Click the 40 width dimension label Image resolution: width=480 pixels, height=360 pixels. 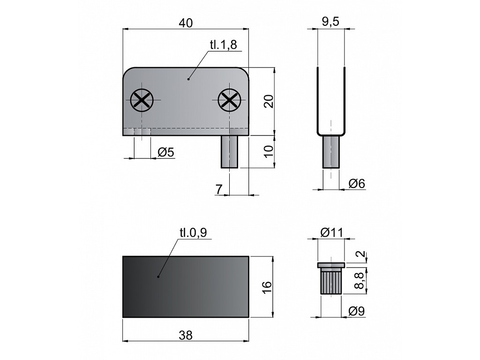tap(186, 23)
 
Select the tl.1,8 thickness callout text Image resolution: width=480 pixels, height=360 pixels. tap(224, 45)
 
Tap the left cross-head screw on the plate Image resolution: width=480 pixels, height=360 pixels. tap(142, 100)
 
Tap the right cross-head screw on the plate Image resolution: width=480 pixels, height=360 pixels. tap(229, 100)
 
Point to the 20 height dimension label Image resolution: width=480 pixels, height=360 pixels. tap(269, 101)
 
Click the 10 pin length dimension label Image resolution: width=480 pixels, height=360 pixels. tap(269, 151)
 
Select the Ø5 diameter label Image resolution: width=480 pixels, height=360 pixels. tap(166, 152)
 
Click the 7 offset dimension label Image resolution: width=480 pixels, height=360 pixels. tap(219, 189)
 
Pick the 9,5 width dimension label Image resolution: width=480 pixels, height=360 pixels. tap(331, 22)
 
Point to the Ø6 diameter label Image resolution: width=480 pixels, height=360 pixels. tap(357, 184)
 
